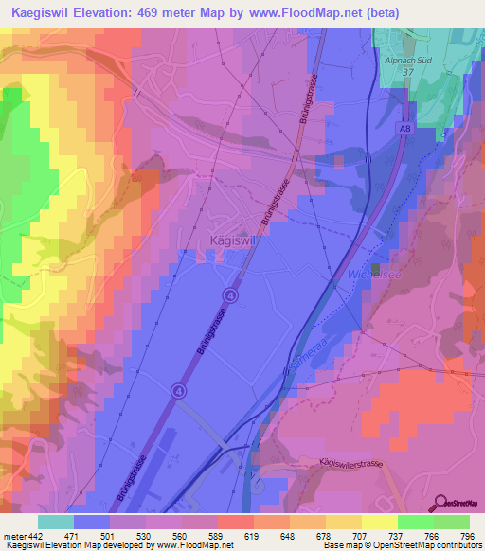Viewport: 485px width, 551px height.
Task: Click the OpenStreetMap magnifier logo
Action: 444,502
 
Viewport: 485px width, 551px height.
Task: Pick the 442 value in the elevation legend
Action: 34,536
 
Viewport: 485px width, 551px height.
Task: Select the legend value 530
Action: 143,536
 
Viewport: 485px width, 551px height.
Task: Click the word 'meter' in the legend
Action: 13,536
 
